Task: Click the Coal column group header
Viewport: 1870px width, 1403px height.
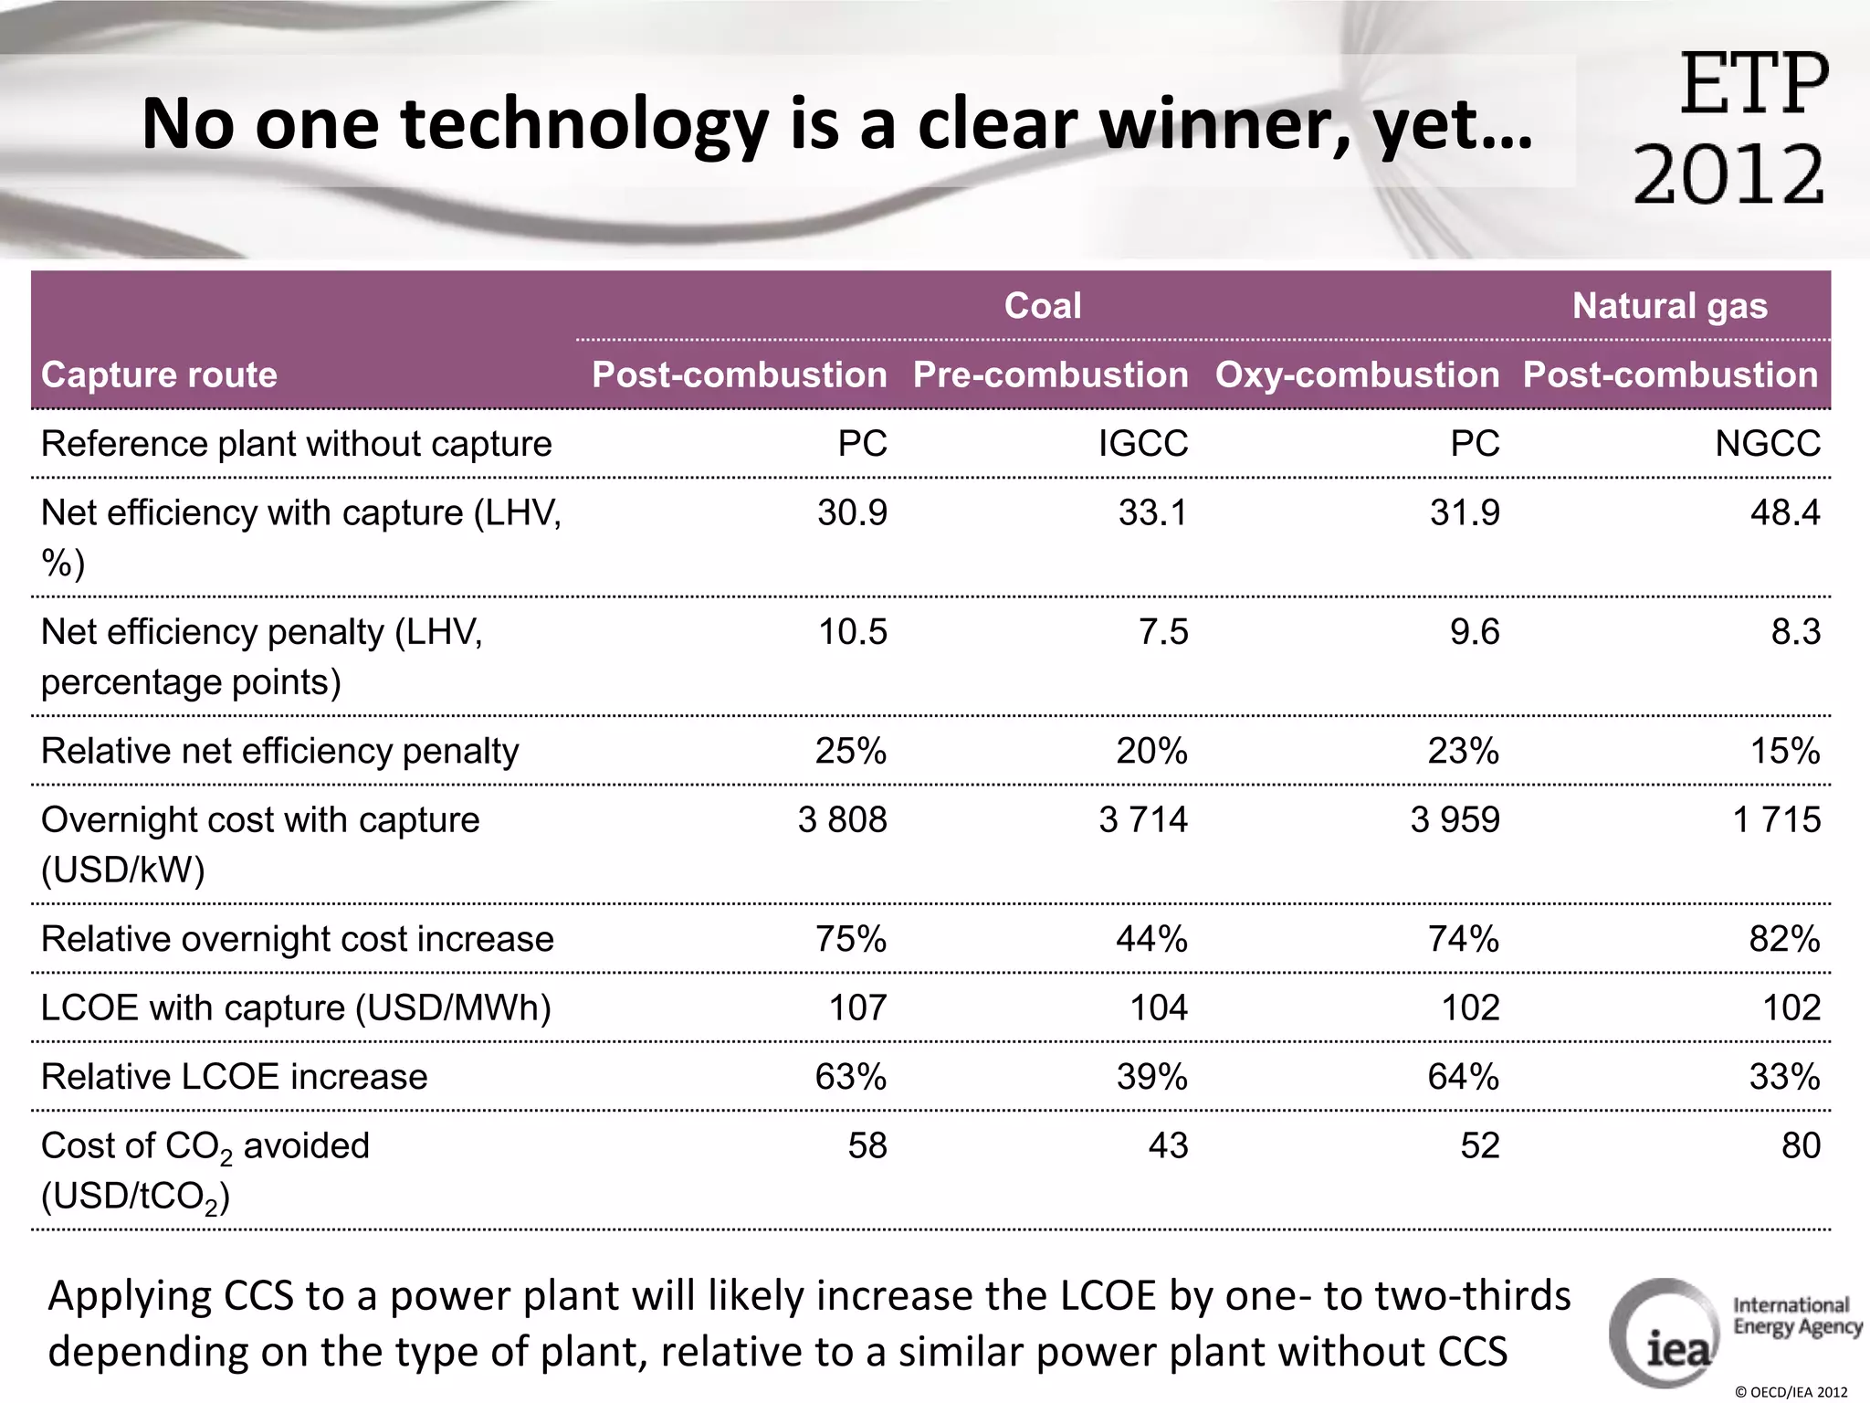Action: pos(1042,306)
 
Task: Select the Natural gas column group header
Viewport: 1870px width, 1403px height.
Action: pos(1669,306)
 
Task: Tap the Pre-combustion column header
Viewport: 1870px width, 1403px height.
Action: pos(1050,374)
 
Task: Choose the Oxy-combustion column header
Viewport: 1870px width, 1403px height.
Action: pos(1357,374)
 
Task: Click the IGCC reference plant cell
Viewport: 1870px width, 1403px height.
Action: pos(1142,444)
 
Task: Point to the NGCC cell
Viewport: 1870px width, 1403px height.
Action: pos(1767,444)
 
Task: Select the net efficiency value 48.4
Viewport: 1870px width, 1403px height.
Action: pos(1784,513)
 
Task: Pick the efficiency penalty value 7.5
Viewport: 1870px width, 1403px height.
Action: pos(1162,632)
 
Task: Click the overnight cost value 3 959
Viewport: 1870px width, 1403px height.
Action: pos(1455,820)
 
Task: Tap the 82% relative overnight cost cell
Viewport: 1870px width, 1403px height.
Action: pos(1784,939)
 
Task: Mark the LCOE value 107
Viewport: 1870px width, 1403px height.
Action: pos(857,1007)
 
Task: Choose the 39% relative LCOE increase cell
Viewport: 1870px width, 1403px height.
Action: pos(1151,1077)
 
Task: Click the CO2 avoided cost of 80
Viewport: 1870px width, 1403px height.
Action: pos(1800,1145)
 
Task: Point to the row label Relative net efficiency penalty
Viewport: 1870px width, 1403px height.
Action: pos(279,751)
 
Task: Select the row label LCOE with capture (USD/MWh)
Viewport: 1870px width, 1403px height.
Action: pos(296,1007)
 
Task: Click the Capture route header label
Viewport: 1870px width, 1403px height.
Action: pos(159,374)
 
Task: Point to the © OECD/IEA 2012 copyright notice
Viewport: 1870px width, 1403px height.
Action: pos(1791,1392)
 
